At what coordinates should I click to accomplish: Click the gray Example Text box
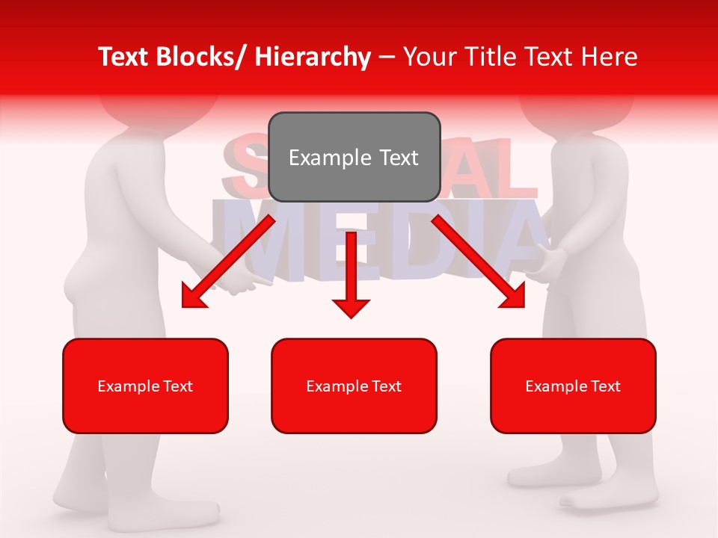[x=354, y=157]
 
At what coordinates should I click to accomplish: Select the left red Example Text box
[x=145, y=386]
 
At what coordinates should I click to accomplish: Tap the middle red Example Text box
[x=354, y=386]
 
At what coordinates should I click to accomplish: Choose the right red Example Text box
[x=573, y=386]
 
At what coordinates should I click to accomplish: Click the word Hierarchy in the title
[x=313, y=57]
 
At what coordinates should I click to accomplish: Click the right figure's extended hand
[x=542, y=265]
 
